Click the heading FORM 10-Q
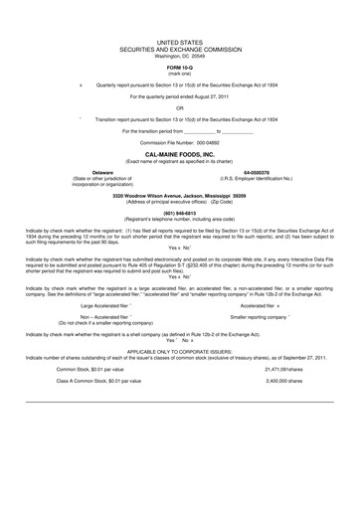coord(180,68)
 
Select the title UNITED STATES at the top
coord(180,40)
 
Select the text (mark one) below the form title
coord(180,74)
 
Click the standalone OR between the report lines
coord(180,109)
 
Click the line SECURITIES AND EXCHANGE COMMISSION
coord(180,47)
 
